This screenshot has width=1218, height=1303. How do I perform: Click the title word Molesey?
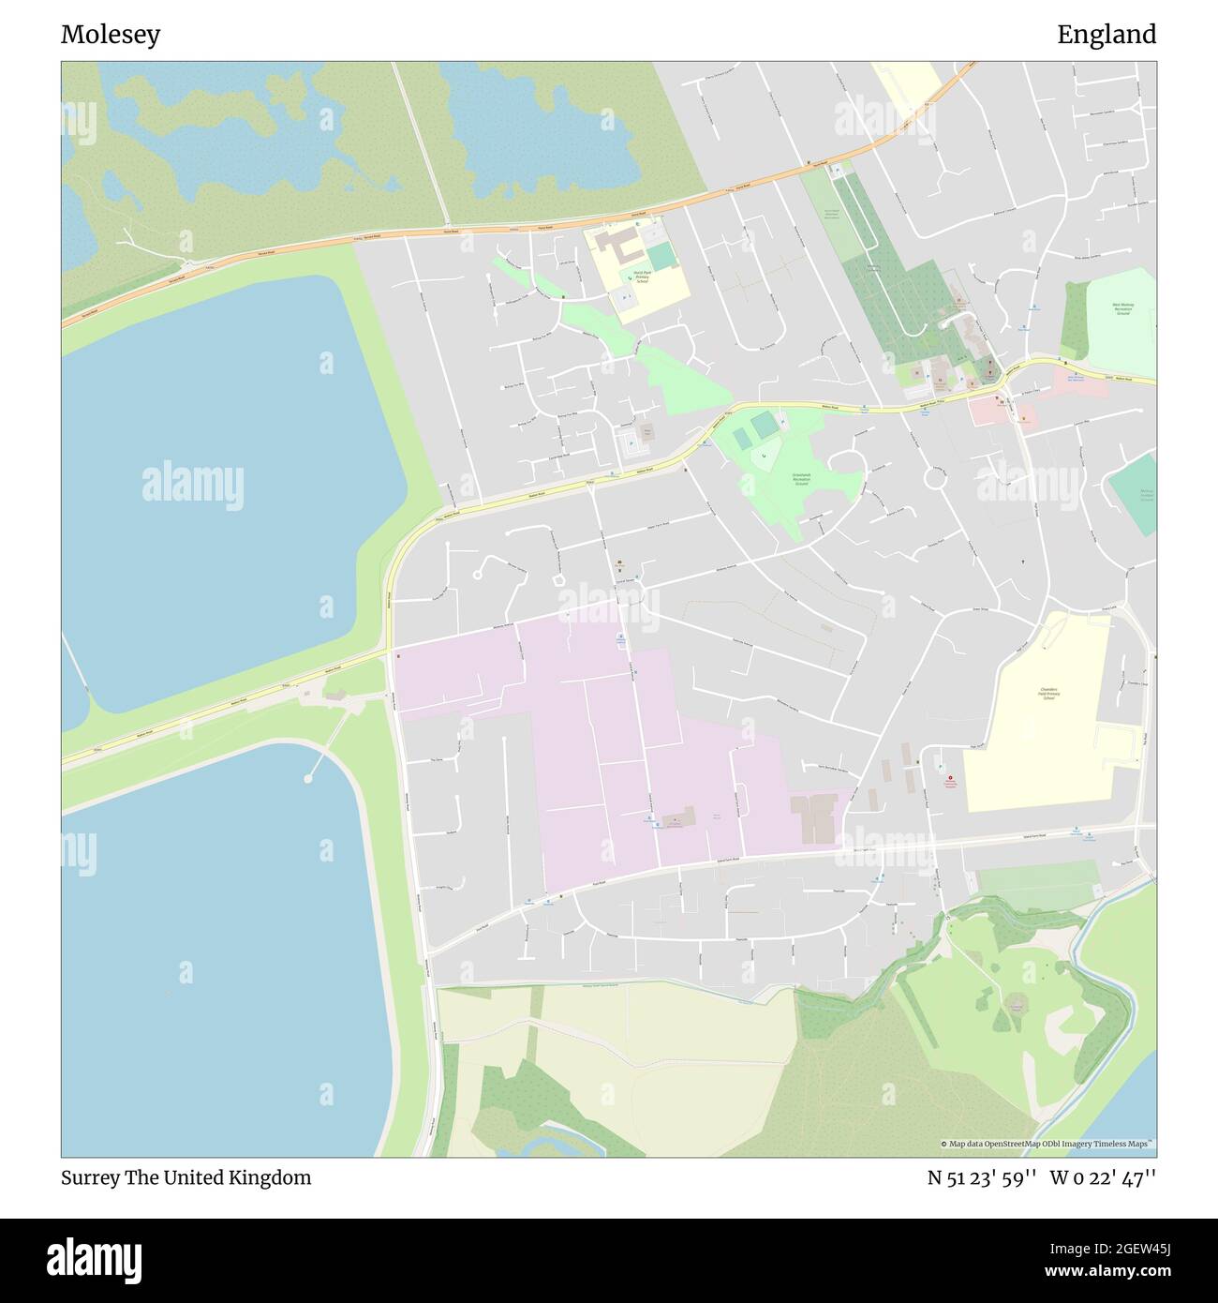click(111, 35)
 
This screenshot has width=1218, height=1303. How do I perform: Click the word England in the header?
click(1107, 35)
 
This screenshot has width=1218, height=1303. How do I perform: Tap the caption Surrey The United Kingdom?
click(186, 1177)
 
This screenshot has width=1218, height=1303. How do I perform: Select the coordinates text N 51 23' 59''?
click(981, 1177)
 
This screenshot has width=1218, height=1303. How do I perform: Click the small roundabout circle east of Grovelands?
click(934, 478)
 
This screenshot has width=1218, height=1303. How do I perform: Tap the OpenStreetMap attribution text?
click(1047, 1144)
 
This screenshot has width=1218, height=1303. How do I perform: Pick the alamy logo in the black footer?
click(95, 1259)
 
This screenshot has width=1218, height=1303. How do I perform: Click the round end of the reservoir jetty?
click(308, 778)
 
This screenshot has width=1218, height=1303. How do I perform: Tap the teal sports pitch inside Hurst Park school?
click(661, 256)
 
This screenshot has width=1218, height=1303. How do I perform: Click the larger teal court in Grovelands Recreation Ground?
click(765, 426)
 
